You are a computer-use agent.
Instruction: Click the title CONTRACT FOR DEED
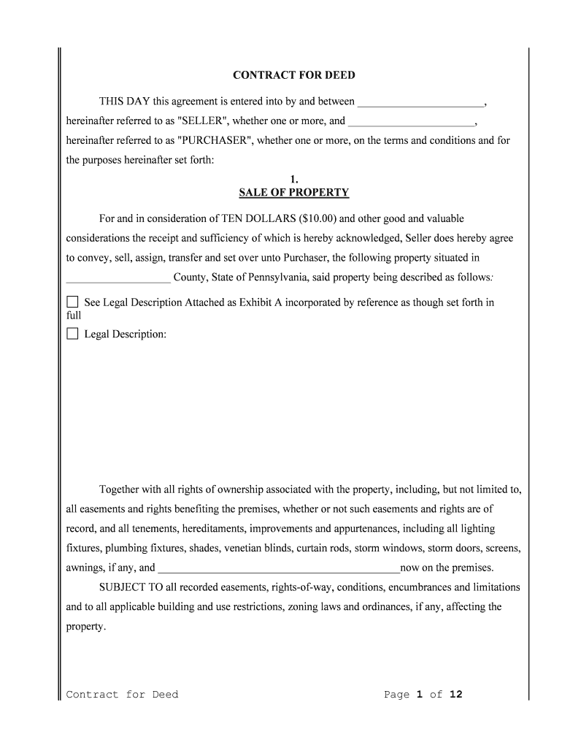[x=293, y=75]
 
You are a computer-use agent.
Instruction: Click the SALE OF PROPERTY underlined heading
[x=293, y=193]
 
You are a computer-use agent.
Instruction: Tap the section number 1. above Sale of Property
[x=293, y=179]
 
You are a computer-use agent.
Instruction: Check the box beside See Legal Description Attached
[x=72, y=302]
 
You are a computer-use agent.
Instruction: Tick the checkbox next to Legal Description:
[x=72, y=334]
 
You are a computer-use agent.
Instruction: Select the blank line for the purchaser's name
[x=412, y=122]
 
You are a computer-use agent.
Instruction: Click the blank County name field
[x=118, y=278]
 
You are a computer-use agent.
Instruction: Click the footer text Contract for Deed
[x=122, y=695]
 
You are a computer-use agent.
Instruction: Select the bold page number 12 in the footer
[x=455, y=695]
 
